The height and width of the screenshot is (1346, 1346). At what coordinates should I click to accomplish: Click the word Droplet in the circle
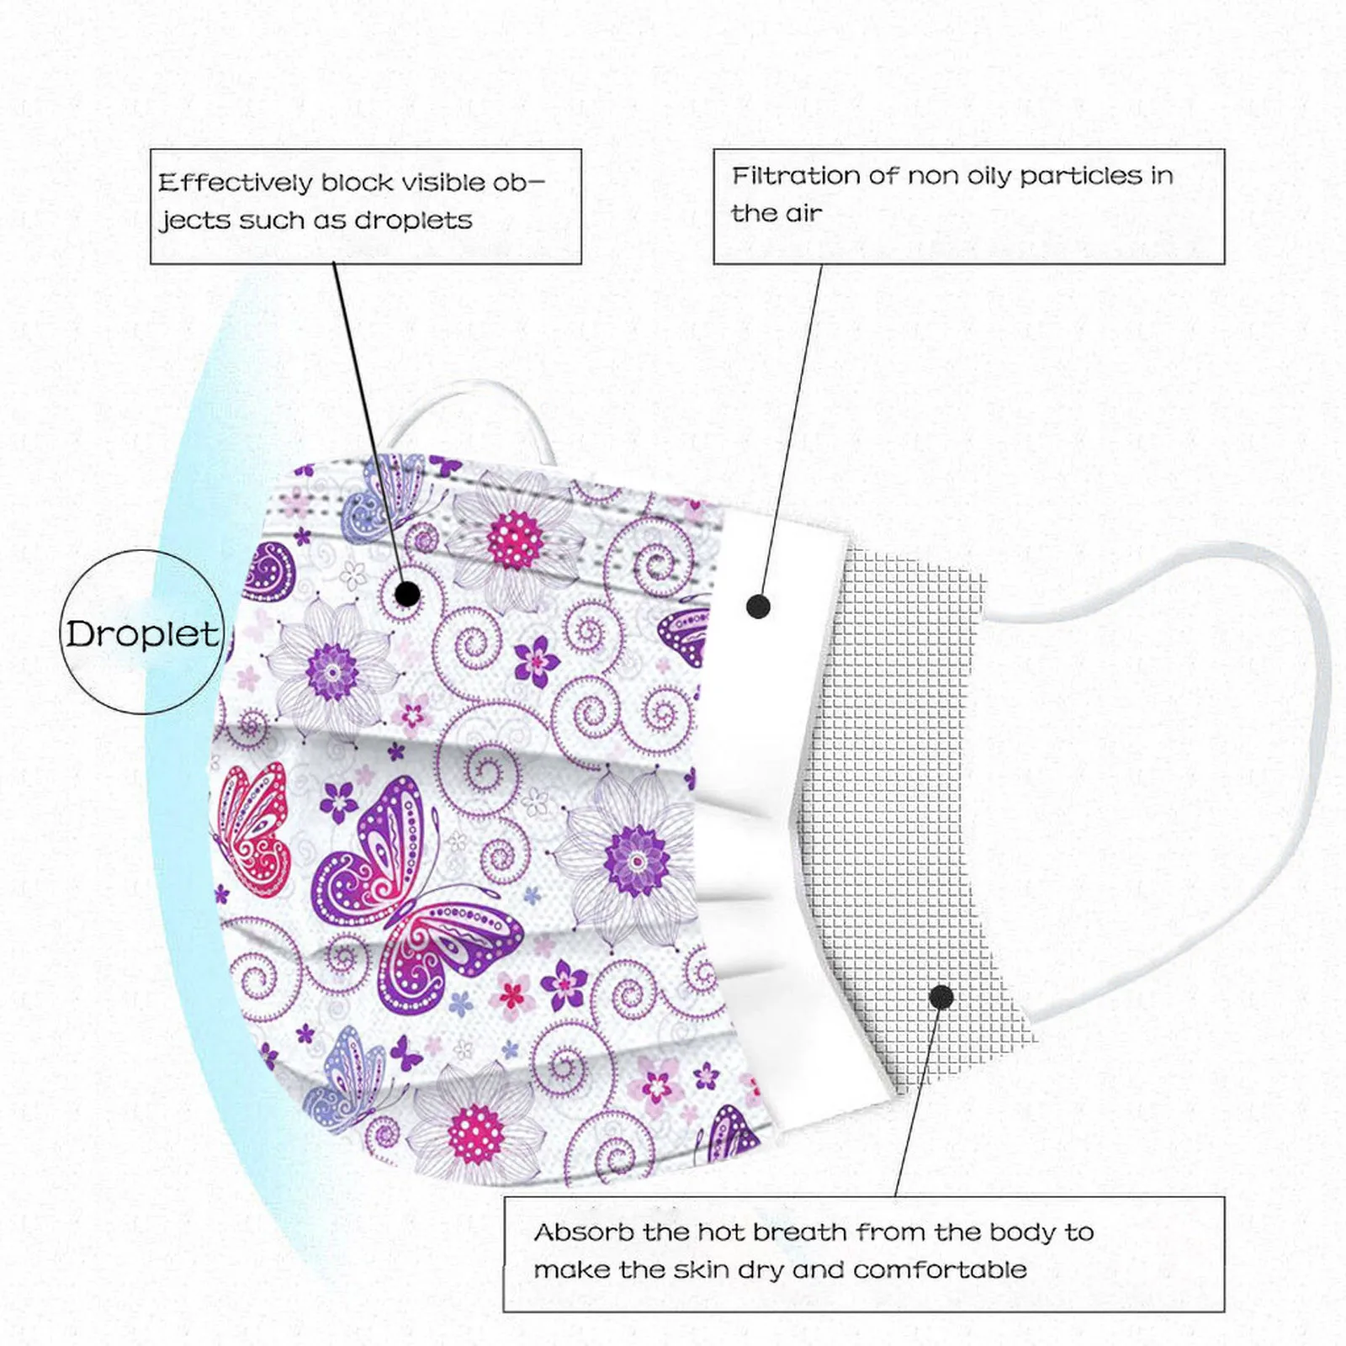[x=142, y=634]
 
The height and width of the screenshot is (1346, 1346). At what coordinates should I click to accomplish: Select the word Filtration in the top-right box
[x=793, y=176]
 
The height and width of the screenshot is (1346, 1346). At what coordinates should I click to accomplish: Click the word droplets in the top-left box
[x=413, y=220]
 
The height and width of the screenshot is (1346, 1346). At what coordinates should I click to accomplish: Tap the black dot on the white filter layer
[x=758, y=606]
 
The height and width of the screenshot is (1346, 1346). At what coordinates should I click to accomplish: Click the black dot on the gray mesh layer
[x=941, y=998]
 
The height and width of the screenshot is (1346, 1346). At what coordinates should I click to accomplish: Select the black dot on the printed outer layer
[x=407, y=594]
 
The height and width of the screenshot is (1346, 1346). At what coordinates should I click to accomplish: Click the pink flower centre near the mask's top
[x=514, y=538]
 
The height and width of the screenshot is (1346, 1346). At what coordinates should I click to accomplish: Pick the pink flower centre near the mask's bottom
[x=476, y=1133]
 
